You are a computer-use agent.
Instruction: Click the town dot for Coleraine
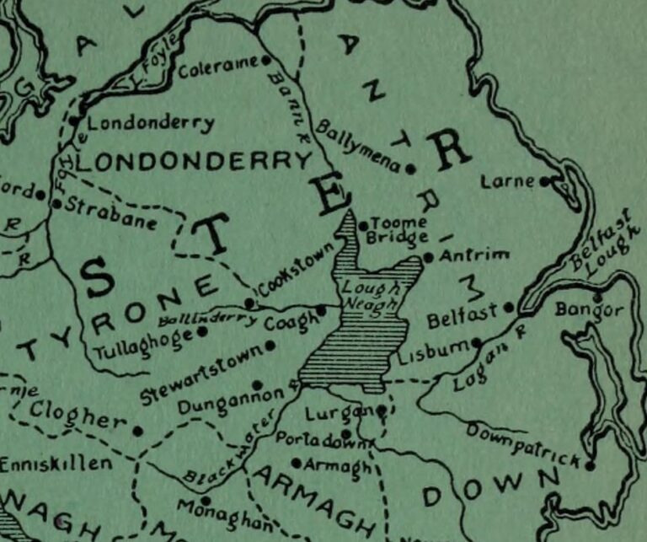click(x=266, y=60)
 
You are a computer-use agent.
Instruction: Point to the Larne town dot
click(x=545, y=180)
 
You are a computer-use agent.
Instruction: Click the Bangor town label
click(x=590, y=310)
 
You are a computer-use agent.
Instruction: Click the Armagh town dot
click(x=297, y=462)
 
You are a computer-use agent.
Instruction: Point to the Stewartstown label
click(x=200, y=368)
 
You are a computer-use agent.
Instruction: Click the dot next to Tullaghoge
click(x=202, y=331)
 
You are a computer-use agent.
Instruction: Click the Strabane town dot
click(x=56, y=203)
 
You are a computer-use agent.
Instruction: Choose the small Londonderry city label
click(x=151, y=123)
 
